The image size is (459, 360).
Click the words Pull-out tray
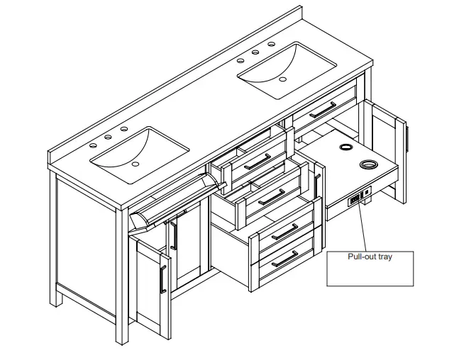coord(369,257)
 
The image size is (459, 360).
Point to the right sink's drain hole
coord(282,79)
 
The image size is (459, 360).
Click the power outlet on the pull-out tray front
coord(353,201)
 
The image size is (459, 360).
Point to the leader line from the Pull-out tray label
coord(360,227)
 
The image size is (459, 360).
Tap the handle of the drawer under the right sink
coord(323,109)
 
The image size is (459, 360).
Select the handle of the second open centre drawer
coord(272,197)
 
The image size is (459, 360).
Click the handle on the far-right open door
coord(407,137)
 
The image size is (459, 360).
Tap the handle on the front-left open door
coord(164,279)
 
